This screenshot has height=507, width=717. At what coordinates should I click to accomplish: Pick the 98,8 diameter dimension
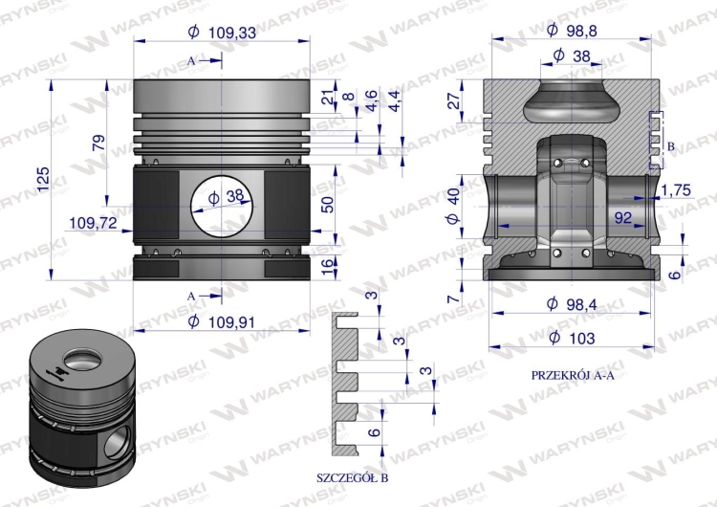coord(573,31)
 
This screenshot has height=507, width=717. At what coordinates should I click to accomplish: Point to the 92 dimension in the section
coord(623,218)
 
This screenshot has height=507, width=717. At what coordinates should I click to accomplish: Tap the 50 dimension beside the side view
coord(327,203)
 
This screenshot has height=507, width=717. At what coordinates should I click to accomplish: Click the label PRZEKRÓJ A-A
coord(571,375)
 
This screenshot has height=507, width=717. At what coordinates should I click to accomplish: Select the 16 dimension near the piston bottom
coord(327,266)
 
